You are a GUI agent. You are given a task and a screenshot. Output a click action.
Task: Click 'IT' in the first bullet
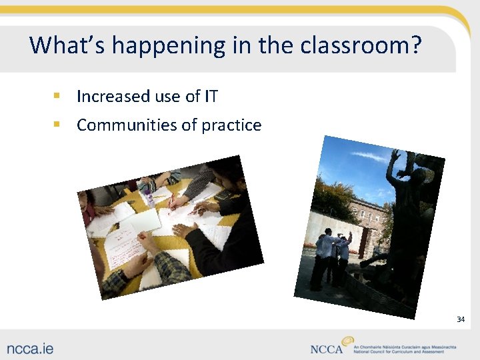[x=211, y=97]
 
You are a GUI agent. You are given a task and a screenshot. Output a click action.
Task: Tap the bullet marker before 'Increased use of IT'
[x=57, y=97]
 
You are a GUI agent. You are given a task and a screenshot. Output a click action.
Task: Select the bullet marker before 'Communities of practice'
[x=57, y=125]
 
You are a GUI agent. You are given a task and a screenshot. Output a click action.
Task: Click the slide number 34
[x=460, y=319]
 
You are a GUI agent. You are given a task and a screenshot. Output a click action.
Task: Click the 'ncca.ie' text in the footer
[x=31, y=347]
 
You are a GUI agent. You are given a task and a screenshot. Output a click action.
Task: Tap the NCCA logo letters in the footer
[x=327, y=349]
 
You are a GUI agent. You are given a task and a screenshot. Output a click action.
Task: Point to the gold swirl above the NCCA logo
[x=347, y=341]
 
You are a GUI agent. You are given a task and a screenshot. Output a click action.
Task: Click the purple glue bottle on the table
[x=147, y=193]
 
